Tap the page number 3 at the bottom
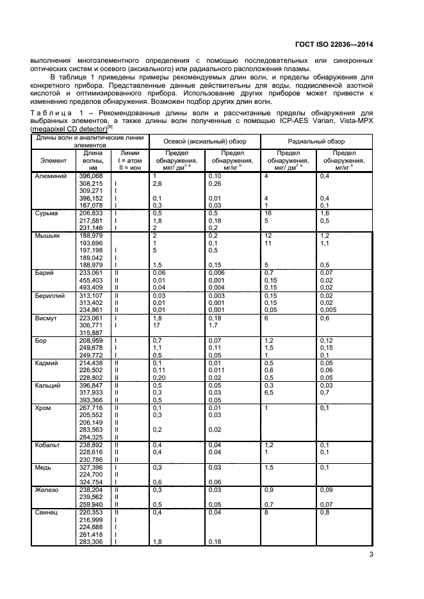[x=371, y=555]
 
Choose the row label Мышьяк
[x=47, y=236]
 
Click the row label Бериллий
[x=50, y=297]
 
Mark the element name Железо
[x=47, y=490]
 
